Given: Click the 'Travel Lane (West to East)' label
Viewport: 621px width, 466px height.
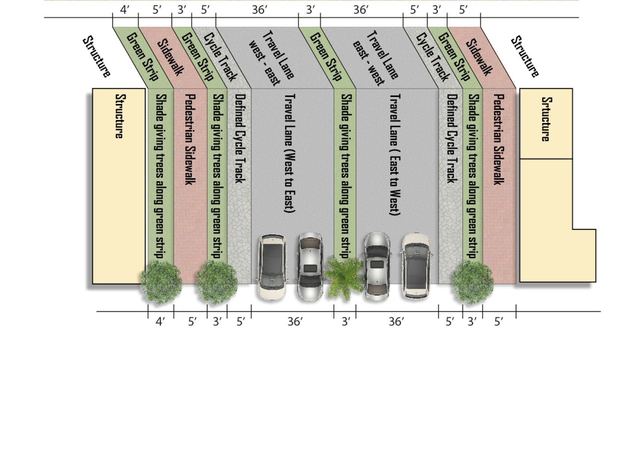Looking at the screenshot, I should click(x=289, y=153).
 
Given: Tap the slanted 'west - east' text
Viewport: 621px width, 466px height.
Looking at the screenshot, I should click(x=264, y=63).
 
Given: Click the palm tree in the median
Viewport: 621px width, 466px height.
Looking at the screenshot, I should click(x=344, y=277).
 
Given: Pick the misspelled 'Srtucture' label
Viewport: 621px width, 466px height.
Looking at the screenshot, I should click(x=545, y=119).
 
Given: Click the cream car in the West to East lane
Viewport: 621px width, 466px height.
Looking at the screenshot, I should click(x=272, y=267).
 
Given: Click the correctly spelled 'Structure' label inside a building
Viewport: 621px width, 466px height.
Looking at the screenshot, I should click(x=119, y=116).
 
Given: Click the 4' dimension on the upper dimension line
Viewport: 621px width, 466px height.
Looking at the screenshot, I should click(x=125, y=10).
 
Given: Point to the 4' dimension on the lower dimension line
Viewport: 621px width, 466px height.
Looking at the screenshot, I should click(x=160, y=321).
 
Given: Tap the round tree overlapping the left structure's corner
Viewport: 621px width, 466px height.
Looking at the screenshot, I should click(x=161, y=282).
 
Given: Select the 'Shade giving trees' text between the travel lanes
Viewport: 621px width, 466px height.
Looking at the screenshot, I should click(x=345, y=175).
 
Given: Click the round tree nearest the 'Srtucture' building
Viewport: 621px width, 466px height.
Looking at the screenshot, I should click(x=473, y=282).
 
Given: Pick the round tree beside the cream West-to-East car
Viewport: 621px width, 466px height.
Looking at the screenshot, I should click(x=217, y=282).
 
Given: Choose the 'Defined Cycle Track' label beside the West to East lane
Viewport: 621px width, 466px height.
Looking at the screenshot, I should click(x=240, y=138).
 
